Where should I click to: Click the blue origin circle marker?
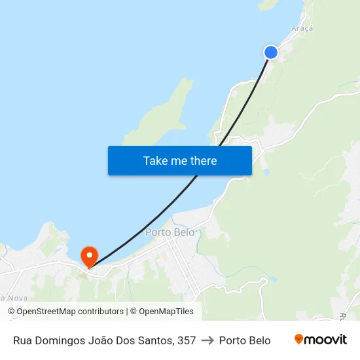click(270, 52)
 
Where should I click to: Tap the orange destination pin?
click(88, 256)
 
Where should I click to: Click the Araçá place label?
click(301, 29)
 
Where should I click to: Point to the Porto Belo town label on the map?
click(170, 232)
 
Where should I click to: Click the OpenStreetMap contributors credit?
click(70, 312)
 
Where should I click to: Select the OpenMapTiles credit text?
click(166, 312)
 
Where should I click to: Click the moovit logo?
click(321, 340)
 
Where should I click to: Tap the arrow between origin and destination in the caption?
click(207, 340)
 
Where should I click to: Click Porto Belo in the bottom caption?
click(245, 340)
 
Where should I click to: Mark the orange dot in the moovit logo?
click(299, 339)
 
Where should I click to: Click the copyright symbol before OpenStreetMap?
click(12, 312)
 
